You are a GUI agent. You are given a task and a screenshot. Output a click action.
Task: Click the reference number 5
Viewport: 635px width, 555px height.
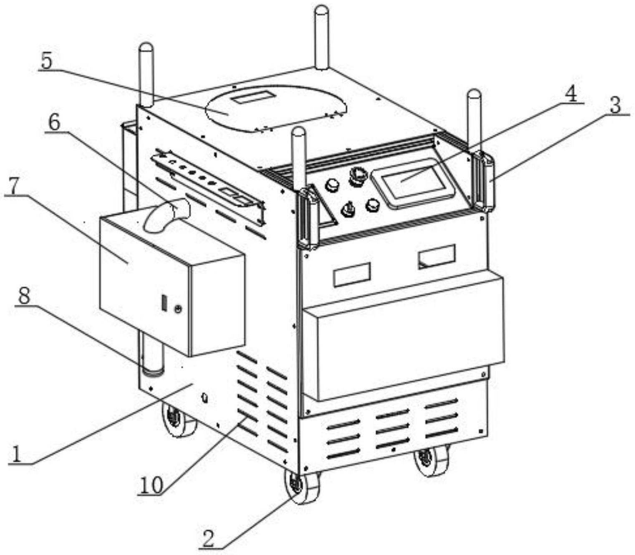coord(46,61)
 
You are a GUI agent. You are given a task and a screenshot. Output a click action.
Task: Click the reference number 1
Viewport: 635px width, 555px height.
coord(16,454)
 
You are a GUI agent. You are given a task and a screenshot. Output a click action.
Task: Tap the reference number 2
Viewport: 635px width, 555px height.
coord(209,538)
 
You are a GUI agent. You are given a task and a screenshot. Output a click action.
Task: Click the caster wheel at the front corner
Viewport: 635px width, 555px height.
coord(301,487)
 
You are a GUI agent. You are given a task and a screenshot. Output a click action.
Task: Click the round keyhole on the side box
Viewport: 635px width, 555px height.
coord(178,309)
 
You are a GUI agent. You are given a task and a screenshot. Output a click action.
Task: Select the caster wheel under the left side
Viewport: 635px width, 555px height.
coord(179,419)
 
